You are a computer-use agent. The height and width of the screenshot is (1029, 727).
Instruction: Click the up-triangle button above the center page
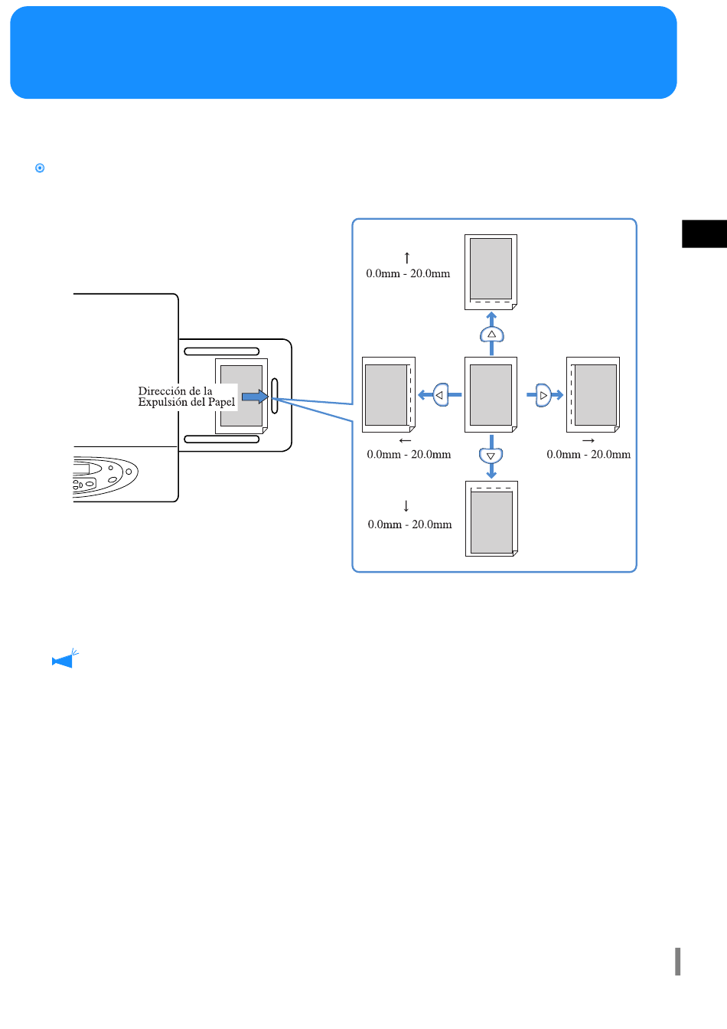491,335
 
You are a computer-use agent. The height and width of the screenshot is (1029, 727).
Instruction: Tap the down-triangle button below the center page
491,456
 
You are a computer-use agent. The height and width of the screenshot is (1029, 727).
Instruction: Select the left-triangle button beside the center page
441,394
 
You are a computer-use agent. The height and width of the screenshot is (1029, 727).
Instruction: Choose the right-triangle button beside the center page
543,395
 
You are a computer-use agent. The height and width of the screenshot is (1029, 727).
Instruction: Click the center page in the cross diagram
491,394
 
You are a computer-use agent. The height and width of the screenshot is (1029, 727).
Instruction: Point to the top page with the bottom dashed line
491,273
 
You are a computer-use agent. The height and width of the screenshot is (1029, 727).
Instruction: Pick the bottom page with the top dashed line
491,518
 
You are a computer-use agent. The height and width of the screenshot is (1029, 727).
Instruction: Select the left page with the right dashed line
389,394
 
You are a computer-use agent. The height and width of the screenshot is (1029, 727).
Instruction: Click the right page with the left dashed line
593,394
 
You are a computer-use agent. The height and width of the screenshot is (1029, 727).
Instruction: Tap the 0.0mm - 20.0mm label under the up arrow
408,274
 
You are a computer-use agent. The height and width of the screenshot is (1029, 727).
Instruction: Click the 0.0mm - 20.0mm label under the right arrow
588,454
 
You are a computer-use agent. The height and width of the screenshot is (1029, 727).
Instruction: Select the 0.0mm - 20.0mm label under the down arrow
409,524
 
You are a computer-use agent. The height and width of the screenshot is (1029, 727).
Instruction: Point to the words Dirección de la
175,391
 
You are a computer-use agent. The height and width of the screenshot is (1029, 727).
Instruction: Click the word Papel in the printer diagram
221,403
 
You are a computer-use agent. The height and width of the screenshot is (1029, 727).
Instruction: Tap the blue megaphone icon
65,658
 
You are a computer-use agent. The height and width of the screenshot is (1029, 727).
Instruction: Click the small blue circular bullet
40,168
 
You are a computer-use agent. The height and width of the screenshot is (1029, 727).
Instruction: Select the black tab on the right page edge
704,234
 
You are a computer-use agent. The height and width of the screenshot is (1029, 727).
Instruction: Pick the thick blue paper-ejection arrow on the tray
255,397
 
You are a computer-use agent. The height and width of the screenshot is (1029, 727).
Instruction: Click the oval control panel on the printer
105,476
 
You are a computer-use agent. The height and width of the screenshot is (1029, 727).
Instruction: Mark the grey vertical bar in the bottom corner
677,961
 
